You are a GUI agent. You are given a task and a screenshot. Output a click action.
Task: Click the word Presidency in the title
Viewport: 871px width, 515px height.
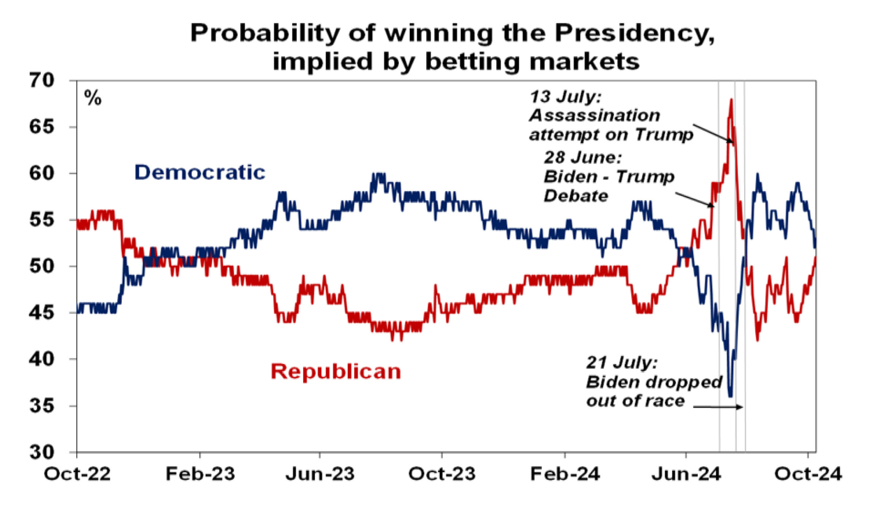(x=634, y=34)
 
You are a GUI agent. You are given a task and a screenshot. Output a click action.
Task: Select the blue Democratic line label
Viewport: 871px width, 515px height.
(x=200, y=172)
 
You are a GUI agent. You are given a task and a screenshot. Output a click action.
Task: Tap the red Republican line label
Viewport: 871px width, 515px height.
(x=336, y=371)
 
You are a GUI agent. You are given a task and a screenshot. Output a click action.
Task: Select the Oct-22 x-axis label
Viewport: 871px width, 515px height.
(x=77, y=474)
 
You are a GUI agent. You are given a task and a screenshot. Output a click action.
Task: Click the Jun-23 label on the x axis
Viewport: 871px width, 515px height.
(x=320, y=474)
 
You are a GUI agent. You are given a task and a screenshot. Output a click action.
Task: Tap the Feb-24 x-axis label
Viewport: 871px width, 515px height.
(x=565, y=474)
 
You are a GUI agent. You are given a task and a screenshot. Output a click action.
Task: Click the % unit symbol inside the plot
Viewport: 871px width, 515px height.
(x=93, y=98)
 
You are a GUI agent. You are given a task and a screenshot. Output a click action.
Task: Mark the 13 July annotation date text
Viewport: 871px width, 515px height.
(x=566, y=97)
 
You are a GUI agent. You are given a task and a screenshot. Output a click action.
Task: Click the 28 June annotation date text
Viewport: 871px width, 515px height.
(x=583, y=157)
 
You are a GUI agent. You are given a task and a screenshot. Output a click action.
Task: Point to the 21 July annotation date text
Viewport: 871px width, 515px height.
(x=622, y=363)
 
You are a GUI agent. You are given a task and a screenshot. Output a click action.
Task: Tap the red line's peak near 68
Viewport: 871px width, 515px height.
(x=731, y=100)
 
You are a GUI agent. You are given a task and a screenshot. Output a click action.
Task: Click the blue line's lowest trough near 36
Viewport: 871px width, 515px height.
(x=730, y=396)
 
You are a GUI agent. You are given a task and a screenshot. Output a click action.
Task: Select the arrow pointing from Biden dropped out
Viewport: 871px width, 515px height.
(x=718, y=407)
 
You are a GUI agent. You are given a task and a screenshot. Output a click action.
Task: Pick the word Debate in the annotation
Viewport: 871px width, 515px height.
(x=576, y=196)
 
